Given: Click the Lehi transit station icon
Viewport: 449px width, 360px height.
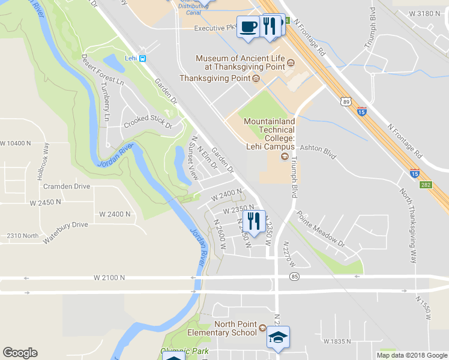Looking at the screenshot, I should point(143,59).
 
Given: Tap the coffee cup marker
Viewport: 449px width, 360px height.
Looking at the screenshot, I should point(249,27).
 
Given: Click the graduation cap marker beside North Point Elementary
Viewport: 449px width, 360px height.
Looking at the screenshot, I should point(279,338).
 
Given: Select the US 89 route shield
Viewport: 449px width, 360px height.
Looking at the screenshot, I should point(346,102).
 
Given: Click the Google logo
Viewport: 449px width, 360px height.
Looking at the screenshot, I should point(20,353).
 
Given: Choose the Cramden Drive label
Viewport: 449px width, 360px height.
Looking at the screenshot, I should point(66,186).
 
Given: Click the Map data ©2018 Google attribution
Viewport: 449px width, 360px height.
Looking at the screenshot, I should point(412,355).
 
